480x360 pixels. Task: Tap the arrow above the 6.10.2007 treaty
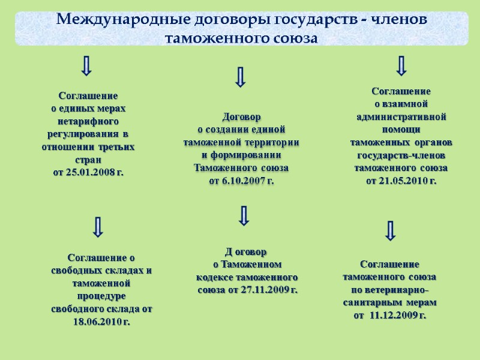point(241,77)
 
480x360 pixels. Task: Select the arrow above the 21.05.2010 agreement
point(401,66)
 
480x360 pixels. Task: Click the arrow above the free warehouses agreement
point(98,226)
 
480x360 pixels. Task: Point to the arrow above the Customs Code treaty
point(244,215)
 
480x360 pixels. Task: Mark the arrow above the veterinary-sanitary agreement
point(391,230)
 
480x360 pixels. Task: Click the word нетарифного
point(88,121)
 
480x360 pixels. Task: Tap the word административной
point(401,116)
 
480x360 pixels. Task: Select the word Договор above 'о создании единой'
point(241,117)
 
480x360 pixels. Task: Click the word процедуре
point(101,296)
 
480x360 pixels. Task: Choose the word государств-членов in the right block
point(401,155)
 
